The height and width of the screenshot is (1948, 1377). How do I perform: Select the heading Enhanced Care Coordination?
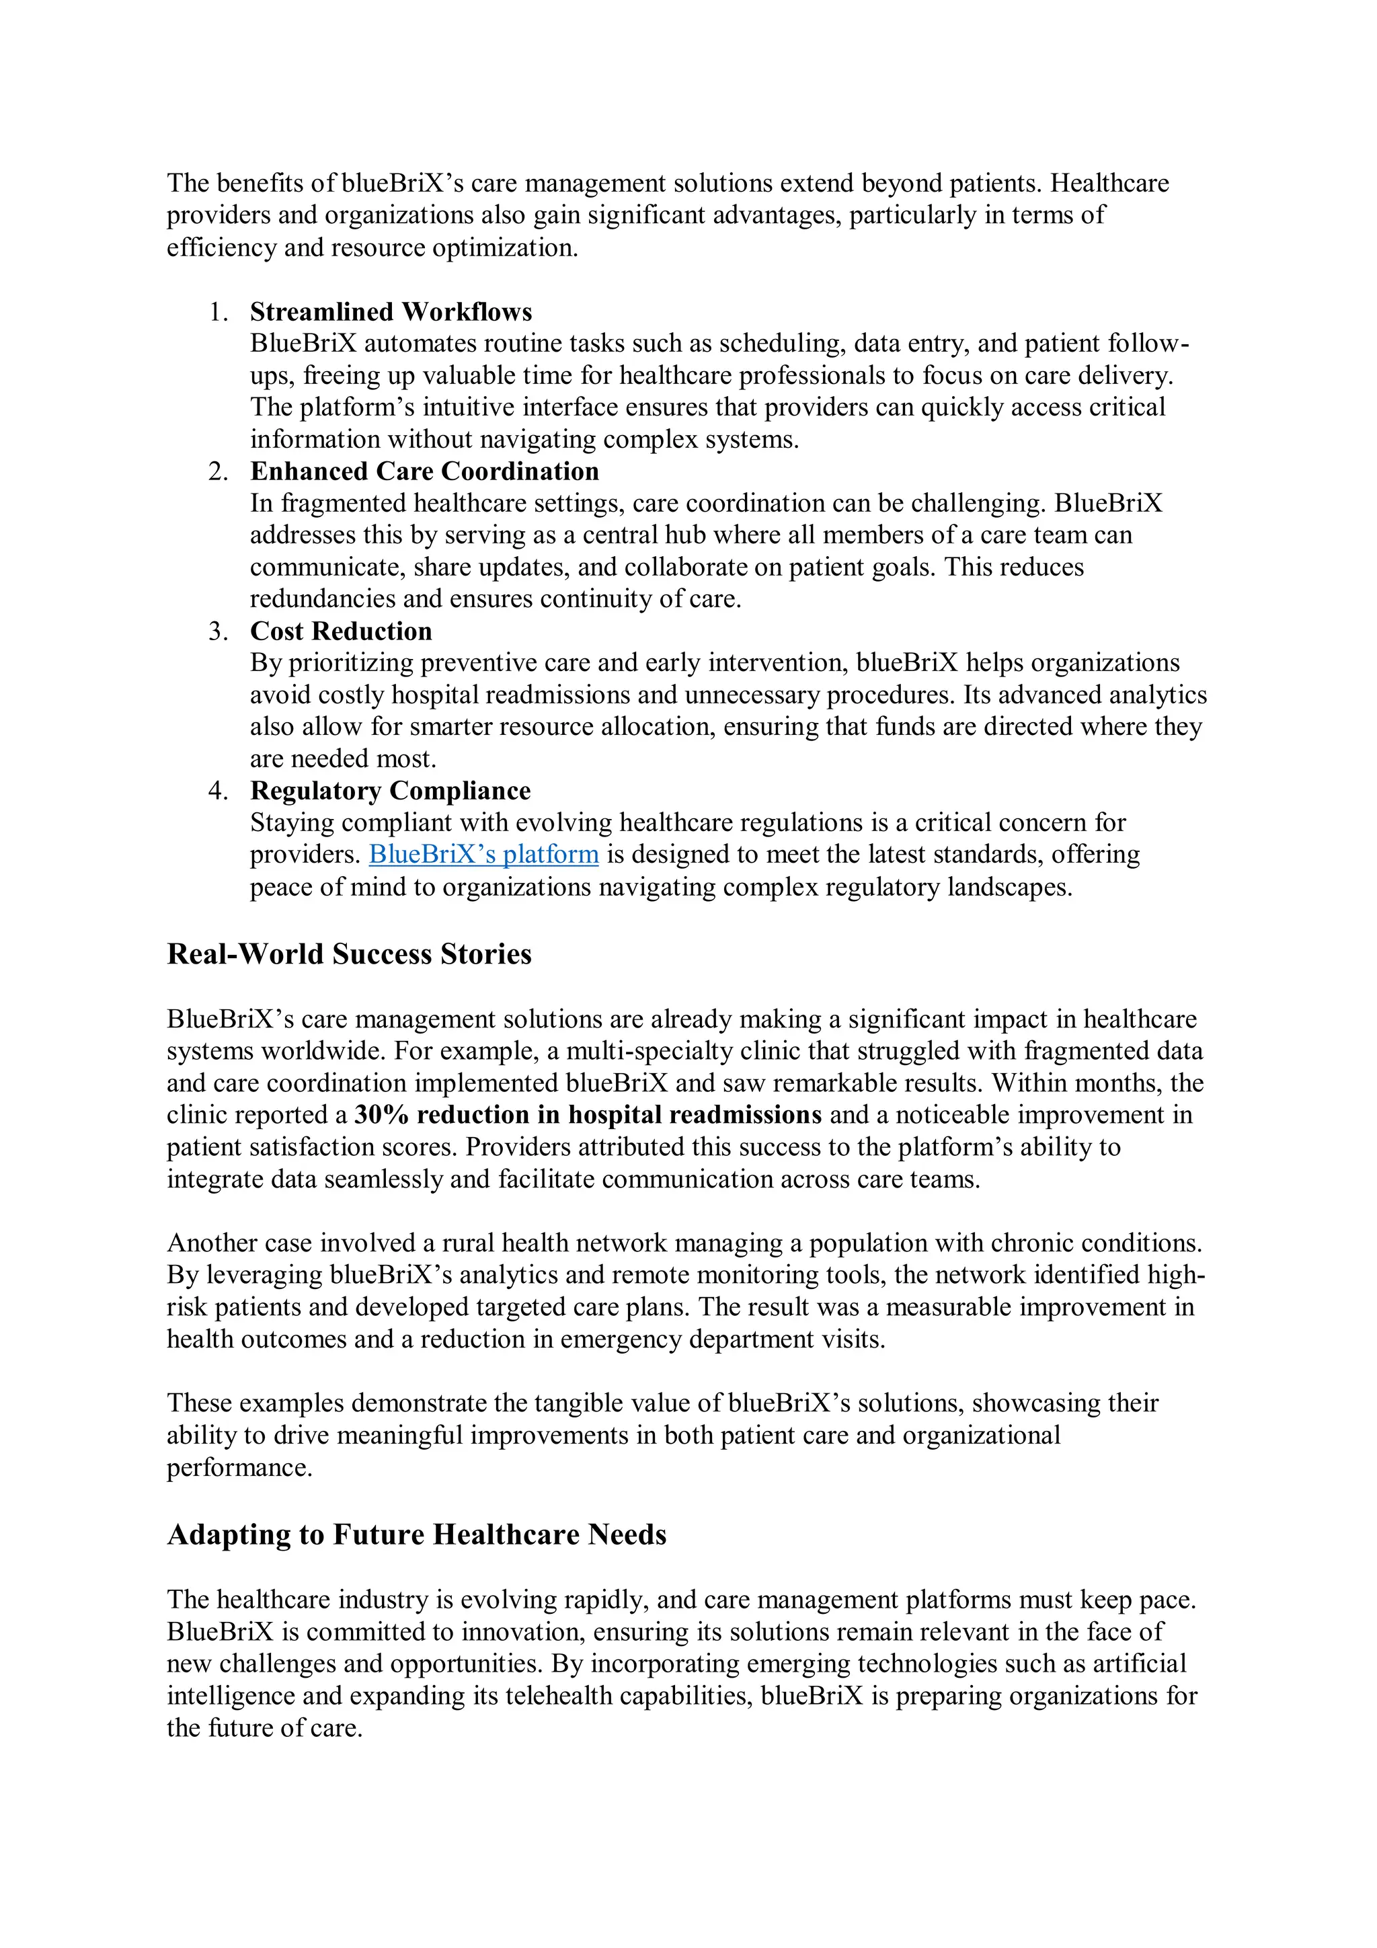(424, 472)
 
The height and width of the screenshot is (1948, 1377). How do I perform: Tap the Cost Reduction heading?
(341, 631)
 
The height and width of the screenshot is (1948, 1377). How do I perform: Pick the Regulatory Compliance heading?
(390, 791)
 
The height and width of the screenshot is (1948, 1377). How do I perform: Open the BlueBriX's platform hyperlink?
(483, 855)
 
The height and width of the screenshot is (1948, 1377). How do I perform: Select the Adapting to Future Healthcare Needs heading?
(417, 1535)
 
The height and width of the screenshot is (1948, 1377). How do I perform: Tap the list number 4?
(218, 791)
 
